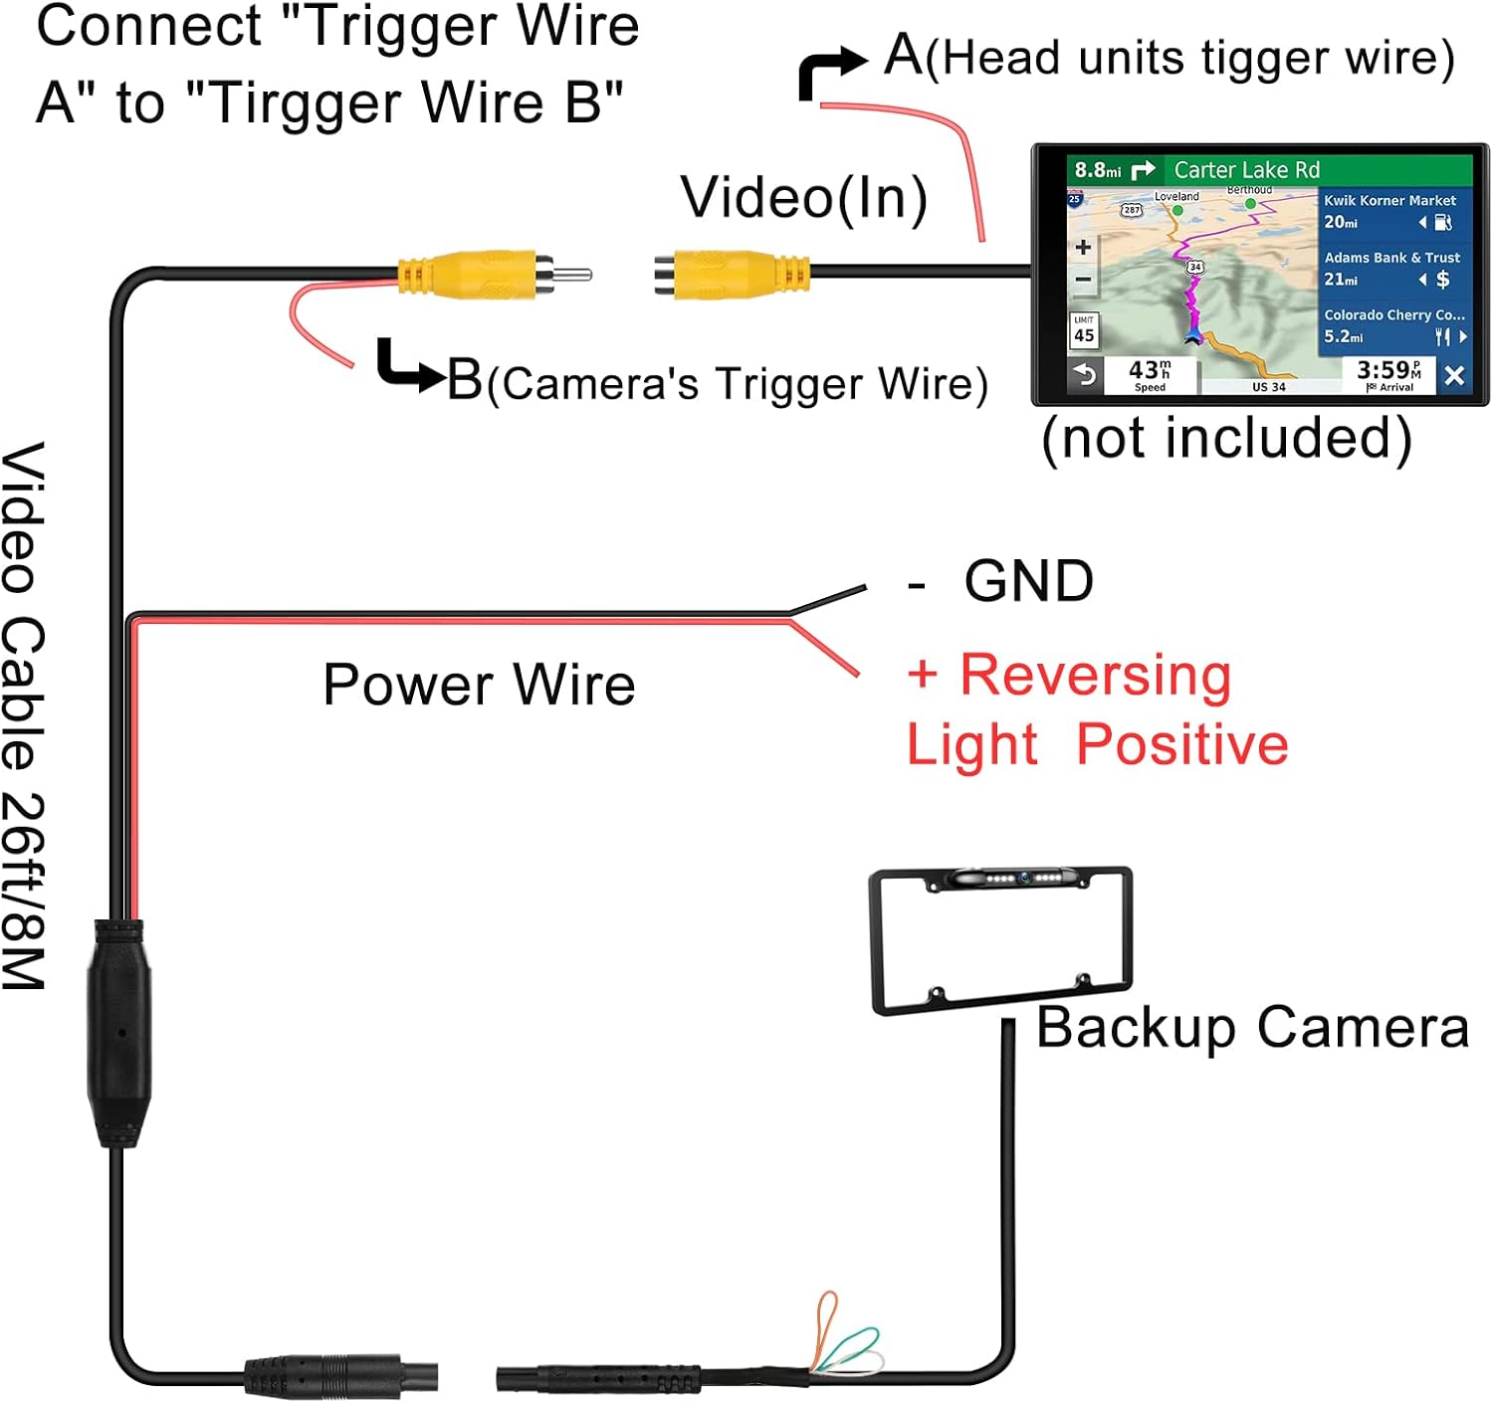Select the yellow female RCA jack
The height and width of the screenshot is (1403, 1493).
(x=732, y=274)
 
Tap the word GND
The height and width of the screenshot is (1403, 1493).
(x=1028, y=581)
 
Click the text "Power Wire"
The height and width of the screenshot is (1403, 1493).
(x=479, y=685)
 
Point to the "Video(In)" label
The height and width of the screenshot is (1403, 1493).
(x=803, y=197)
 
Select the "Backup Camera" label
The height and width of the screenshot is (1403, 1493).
(x=1252, y=1027)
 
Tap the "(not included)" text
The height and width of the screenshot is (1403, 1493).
(x=1226, y=438)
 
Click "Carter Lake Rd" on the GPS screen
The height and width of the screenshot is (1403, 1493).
(x=1246, y=170)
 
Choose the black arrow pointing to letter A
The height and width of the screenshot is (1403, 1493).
(x=830, y=72)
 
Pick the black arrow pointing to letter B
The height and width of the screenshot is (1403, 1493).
(x=408, y=366)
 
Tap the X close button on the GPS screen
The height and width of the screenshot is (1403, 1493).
(x=1453, y=376)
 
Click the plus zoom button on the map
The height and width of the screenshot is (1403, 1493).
(x=1084, y=247)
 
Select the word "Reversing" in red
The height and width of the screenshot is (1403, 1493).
(x=1095, y=676)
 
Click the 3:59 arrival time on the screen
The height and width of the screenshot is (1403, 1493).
(x=1384, y=370)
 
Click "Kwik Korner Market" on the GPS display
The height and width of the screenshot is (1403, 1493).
(x=1389, y=200)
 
